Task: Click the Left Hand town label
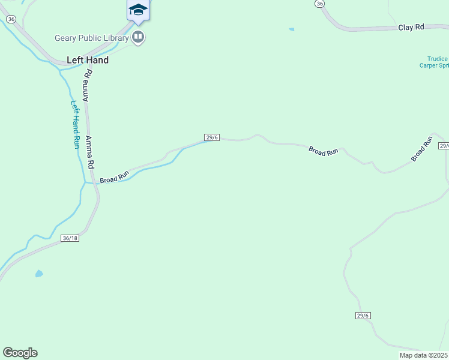tap(88, 60)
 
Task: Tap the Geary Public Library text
tap(92, 38)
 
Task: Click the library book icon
tap(139, 38)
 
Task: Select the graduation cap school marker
tap(138, 10)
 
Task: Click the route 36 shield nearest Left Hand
tap(11, 19)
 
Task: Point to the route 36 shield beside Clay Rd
tap(319, 4)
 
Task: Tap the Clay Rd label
tap(411, 28)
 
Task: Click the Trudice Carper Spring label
tap(433, 62)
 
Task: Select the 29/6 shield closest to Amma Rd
tap(212, 137)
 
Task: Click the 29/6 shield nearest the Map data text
tap(363, 316)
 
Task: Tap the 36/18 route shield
tap(70, 238)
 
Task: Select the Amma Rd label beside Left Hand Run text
tap(90, 152)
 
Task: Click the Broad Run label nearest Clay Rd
tap(324, 151)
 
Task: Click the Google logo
tap(20, 353)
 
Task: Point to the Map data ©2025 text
tap(423, 355)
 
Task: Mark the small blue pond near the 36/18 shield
tap(39, 274)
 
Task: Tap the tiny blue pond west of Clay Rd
tap(292, 29)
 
